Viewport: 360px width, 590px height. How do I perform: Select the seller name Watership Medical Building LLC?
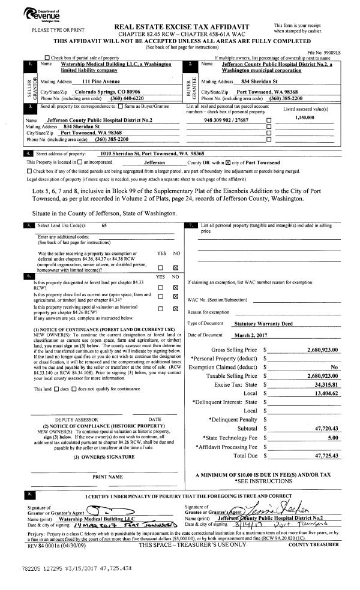pos(106,64)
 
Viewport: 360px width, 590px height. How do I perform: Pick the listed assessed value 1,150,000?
pos(305,118)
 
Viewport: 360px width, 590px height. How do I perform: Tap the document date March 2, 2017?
pos(253,335)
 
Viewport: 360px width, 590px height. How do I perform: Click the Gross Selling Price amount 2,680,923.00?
pos(322,350)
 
